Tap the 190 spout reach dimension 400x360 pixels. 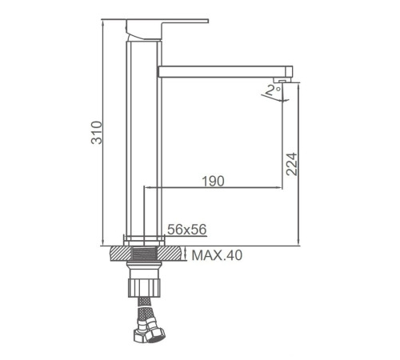[212, 182]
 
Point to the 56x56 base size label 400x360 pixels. [187, 230]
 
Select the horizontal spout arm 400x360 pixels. [224, 71]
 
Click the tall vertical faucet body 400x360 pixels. [144, 136]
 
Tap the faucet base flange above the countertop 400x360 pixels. [145, 239]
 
